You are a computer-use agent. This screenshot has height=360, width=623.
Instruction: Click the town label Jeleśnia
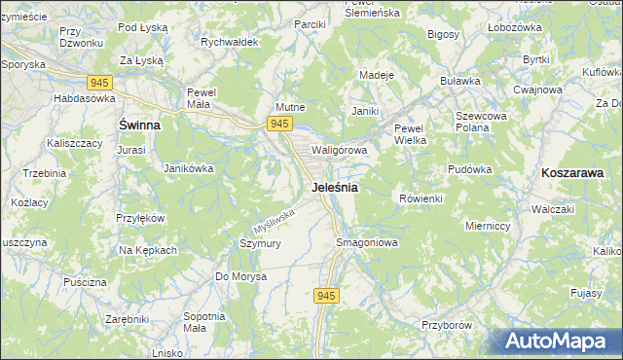tap(335, 187)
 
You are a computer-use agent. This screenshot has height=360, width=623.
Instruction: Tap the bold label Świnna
tap(139, 126)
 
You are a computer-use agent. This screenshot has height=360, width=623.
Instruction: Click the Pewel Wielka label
tap(411, 134)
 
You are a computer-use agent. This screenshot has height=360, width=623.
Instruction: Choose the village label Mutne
tap(291, 108)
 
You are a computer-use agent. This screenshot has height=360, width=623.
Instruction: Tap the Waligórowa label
tap(339, 151)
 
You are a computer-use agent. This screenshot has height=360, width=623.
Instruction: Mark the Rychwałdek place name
tap(228, 43)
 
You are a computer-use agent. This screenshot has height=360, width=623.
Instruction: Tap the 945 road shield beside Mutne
tap(279, 123)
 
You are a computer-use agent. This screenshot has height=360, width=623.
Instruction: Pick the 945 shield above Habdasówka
tap(99, 84)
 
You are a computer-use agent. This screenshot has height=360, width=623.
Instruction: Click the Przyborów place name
tap(447, 325)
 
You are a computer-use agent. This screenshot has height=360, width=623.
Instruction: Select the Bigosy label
tap(443, 34)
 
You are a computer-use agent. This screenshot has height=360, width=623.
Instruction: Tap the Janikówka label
tap(188, 168)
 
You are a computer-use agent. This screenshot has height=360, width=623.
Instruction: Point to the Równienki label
tap(421, 198)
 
